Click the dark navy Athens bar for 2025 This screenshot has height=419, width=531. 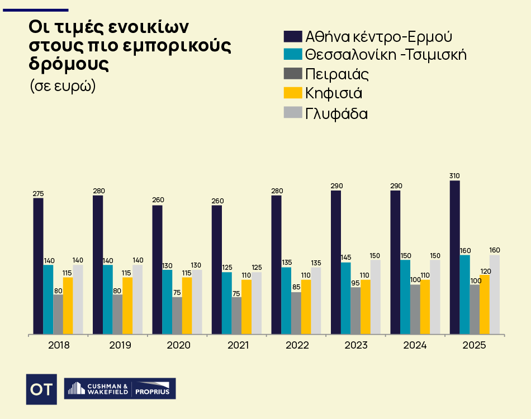point(455,257)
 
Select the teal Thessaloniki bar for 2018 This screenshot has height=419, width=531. point(48,299)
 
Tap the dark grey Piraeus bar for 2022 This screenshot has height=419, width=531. point(296,313)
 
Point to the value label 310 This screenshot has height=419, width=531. point(455,176)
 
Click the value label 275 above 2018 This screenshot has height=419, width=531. point(38,194)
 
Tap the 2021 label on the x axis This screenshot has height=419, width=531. point(238,345)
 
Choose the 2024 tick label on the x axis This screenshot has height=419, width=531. point(415,345)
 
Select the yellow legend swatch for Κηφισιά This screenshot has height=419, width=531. point(293,93)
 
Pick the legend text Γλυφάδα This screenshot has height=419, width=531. point(336,113)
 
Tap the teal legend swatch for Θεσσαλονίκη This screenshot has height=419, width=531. point(293,55)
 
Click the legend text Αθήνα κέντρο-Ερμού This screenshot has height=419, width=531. point(378,37)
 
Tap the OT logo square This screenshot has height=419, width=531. point(41,389)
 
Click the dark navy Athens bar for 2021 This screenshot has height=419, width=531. point(217,270)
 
